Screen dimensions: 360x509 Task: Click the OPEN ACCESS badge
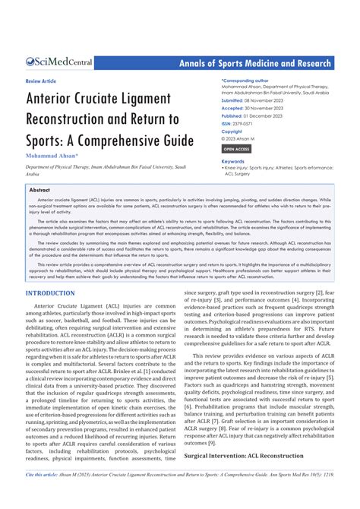236,149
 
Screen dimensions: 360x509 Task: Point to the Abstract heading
39,191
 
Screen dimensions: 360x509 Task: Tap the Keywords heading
232,161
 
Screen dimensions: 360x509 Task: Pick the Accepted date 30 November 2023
265,109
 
